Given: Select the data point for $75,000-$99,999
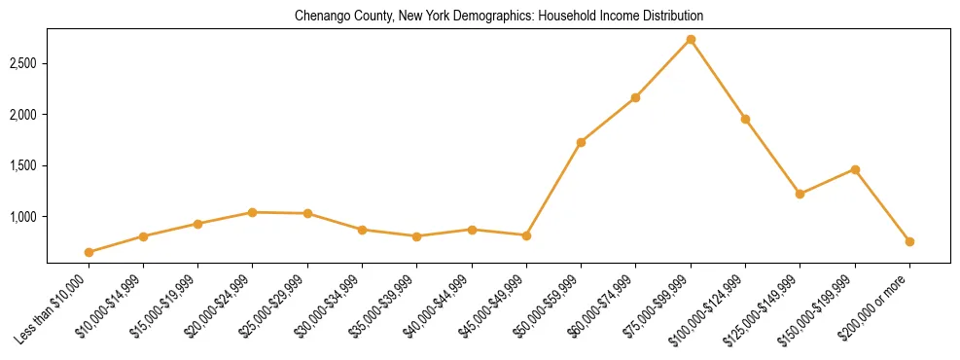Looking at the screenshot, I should [x=691, y=40].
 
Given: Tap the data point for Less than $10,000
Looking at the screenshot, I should [x=89, y=252].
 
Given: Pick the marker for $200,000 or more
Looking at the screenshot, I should [x=909, y=241].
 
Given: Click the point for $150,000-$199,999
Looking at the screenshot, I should [x=855, y=169].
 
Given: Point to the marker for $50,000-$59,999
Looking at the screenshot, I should [x=581, y=142].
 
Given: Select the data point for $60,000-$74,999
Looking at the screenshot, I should [x=635, y=97].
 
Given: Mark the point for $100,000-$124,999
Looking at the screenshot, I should [x=745, y=119].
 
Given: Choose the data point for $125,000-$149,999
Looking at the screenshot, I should [x=800, y=194].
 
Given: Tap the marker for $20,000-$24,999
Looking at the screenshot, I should [x=253, y=212].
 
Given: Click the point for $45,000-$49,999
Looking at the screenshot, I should [x=526, y=235].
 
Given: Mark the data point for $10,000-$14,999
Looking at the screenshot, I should [x=143, y=236].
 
